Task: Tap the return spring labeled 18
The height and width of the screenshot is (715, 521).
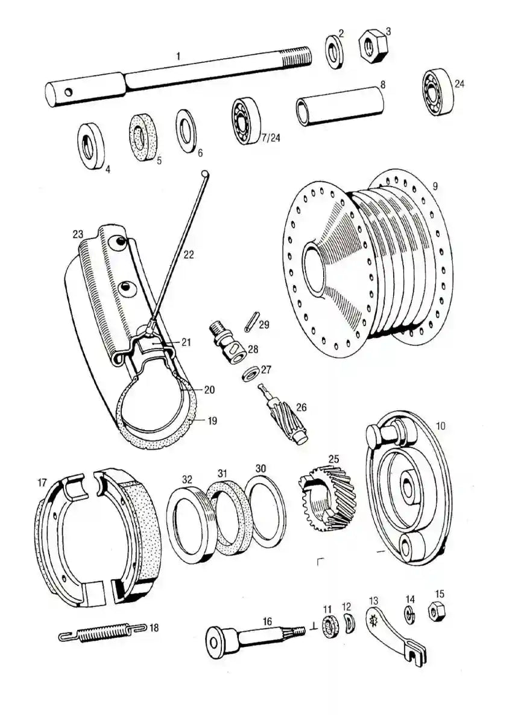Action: point(103,633)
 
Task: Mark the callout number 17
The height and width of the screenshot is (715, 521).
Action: point(42,483)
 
